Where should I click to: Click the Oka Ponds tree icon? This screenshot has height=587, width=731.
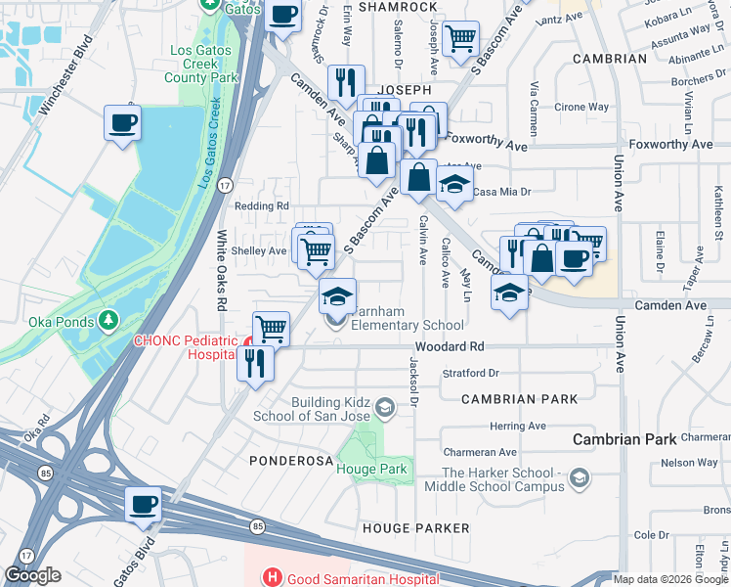click(x=107, y=321)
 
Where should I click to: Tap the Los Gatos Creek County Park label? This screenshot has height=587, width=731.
click(x=202, y=64)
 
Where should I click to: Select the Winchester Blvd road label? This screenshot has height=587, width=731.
click(x=69, y=75)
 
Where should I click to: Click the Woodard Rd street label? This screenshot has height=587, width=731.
click(x=449, y=346)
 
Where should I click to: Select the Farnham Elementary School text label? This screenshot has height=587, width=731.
click(x=407, y=318)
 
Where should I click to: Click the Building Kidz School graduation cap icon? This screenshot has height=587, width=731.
click(x=385, y=407)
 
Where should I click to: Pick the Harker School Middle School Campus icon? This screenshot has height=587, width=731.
click(x=580, y=477)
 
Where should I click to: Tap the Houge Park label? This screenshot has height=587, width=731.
click(x=370, y=470)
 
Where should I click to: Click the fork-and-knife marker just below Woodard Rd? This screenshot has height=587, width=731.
click(x=257, y=363)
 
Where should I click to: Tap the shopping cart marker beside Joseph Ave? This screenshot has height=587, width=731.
click(x=460, y=40)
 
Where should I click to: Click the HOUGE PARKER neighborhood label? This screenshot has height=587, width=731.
click(x=415, y=528)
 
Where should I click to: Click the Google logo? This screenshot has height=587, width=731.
click(x=32, y=575)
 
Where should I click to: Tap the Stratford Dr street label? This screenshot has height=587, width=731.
click(x=470, y=373)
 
